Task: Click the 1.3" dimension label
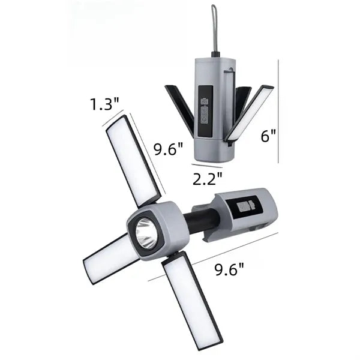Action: click(104, 104)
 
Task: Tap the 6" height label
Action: click(268, 136)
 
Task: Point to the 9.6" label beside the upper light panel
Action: click(168, 149)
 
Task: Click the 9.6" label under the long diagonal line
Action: click(229, 269)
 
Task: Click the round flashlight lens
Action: click(146, 233)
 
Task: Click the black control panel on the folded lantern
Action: click(205, 111)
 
